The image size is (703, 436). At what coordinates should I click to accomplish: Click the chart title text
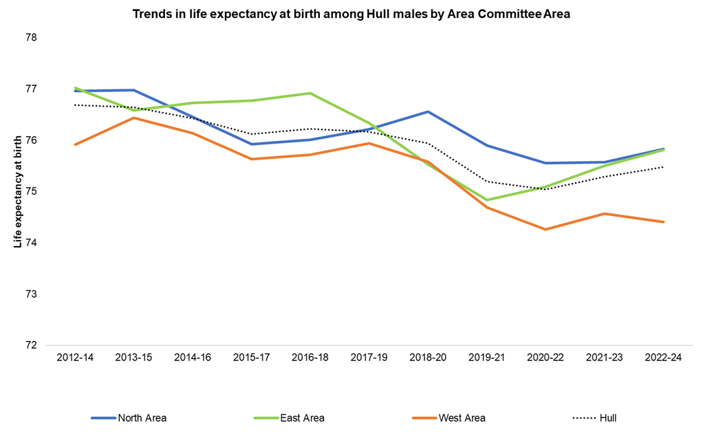[351, 13]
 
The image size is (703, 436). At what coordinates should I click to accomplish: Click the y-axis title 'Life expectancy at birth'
[18, 190]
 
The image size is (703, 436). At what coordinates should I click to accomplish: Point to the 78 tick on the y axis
[31, 38]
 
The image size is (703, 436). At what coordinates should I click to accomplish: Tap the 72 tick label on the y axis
[31, 345]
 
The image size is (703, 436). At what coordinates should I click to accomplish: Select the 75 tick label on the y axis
[31, 192]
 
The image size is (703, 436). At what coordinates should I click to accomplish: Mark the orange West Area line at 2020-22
[545, 229]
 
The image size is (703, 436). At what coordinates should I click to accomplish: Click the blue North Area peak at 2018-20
[428, 111]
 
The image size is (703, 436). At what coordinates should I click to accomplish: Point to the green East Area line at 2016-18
[310, 93]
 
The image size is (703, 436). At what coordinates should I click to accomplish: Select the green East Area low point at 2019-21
[487, 200]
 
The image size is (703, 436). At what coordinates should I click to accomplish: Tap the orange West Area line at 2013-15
[133, 118]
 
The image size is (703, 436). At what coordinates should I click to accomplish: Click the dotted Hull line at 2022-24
[663, 167]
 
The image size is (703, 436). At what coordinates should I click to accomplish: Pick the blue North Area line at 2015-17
[251, 144]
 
